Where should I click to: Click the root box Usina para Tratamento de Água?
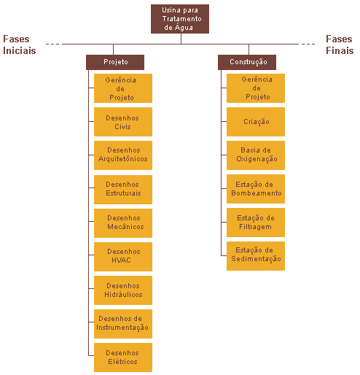click(x=180, y=19)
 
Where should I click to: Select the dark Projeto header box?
click(x=115, y=62)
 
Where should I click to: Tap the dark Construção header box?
click(x=247, y=62)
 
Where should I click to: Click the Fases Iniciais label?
click(x=20, y=45)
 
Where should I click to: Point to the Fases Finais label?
click(x=340, y=45)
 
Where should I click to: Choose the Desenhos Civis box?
click(x=123, y=122)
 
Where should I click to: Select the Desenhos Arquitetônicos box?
click(x=123, y=155)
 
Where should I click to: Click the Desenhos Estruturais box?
click(x=123, y=190)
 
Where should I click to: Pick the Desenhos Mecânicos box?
click(x=123, y=223)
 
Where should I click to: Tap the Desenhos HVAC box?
click(x=123, y=257)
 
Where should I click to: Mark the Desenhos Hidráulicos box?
click(x=123, y=290)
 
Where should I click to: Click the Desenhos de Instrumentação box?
click(x=123, y=324)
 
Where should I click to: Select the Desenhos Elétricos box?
click(x=123, y=357)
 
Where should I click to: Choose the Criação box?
click(x=256, y=122)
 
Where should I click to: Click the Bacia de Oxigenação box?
click(x=256, y=155)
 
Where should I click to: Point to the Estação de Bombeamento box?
click(x=256, y=189)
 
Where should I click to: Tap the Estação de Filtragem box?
click(x=256, y=223)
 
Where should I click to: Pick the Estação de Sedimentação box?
click(x=256, y=256)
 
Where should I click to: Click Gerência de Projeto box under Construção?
click(x=256, y=88)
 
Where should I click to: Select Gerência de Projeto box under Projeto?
click(x=123, y=88)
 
